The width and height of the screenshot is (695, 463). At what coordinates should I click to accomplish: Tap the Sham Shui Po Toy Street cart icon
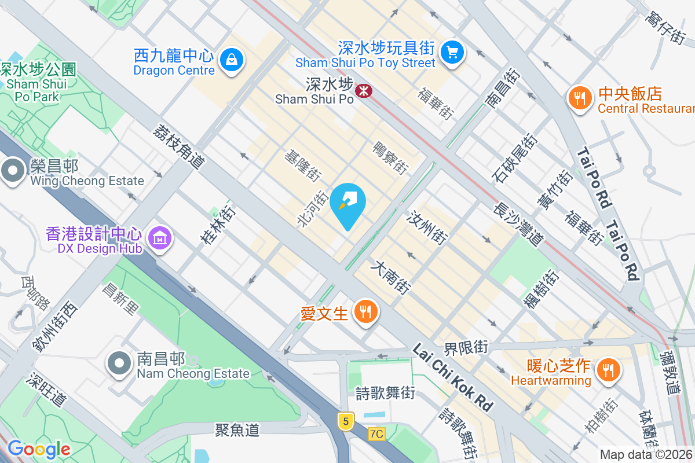pyautogui.click(x=452, y=53)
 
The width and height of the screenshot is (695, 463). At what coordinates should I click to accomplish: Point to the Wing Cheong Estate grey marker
pyautogui.click(x=13, y=171)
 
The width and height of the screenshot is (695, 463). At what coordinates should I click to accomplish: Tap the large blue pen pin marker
pyautogui.click(x=348, y=203)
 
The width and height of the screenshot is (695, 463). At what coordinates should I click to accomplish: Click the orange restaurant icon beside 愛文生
pyautogui.click(x=365, y=313)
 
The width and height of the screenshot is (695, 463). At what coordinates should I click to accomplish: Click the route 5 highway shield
pyautogui.click(x=346, y=421)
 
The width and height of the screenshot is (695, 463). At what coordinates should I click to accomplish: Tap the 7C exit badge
pyautogui.click(x=376, y=433)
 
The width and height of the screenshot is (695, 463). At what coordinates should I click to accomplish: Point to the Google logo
pyautogui.click(x=39, y=449)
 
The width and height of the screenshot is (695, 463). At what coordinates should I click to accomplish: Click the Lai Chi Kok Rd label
pyautogui.click(x=452, y=377)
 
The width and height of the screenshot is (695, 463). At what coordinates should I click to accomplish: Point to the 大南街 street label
pyautogui.click(x=392, y=278)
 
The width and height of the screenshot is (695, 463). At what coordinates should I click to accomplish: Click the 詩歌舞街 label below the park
pyautogui.click(x=385, y=394)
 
